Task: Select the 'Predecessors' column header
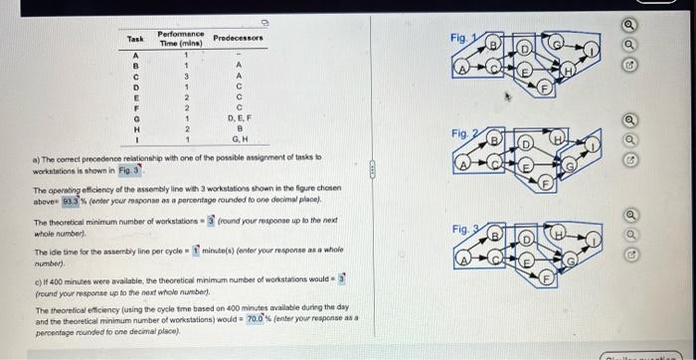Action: (238, 38)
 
